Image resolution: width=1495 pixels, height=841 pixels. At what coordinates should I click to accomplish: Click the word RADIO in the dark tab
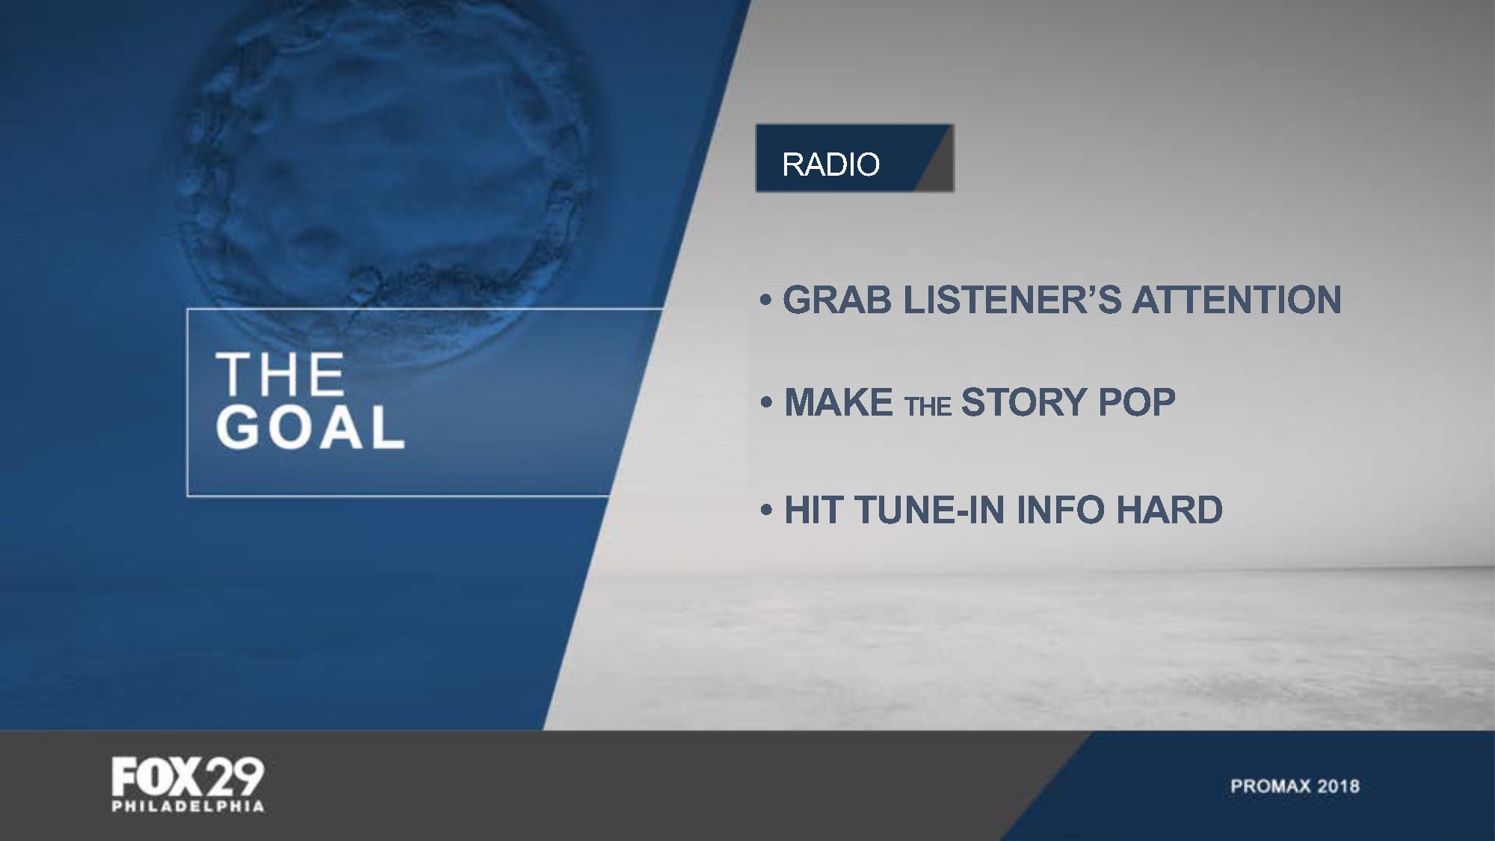click(830, 164)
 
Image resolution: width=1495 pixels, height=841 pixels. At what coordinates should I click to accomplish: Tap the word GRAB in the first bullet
click(837, 300)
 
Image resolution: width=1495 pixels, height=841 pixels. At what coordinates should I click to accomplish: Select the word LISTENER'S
click(1012, 300)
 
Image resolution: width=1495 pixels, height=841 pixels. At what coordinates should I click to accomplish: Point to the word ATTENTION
click(1237, 300)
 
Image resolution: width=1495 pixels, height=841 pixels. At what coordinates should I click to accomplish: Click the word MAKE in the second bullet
click(839, 402)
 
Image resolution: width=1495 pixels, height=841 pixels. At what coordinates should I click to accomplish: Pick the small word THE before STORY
click(928, 406)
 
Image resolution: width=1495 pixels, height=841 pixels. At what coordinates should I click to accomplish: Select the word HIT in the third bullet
click(814, 510)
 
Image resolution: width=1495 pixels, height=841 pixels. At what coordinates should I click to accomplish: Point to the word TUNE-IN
click(930, 510)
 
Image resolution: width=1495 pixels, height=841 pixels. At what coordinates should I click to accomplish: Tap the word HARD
click(1169, 510)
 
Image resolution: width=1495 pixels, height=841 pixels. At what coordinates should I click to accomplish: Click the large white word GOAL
click(310, 428)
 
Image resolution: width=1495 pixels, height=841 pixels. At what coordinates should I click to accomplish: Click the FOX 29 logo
click(188, 777)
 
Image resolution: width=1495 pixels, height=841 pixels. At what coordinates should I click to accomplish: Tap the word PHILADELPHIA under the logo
click(188, 807)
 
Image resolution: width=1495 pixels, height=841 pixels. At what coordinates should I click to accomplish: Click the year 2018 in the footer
click(1338, 786)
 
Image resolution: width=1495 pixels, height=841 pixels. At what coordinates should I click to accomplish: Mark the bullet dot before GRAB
click(765, 301)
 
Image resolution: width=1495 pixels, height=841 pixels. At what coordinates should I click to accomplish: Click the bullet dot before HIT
click(766, 511)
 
